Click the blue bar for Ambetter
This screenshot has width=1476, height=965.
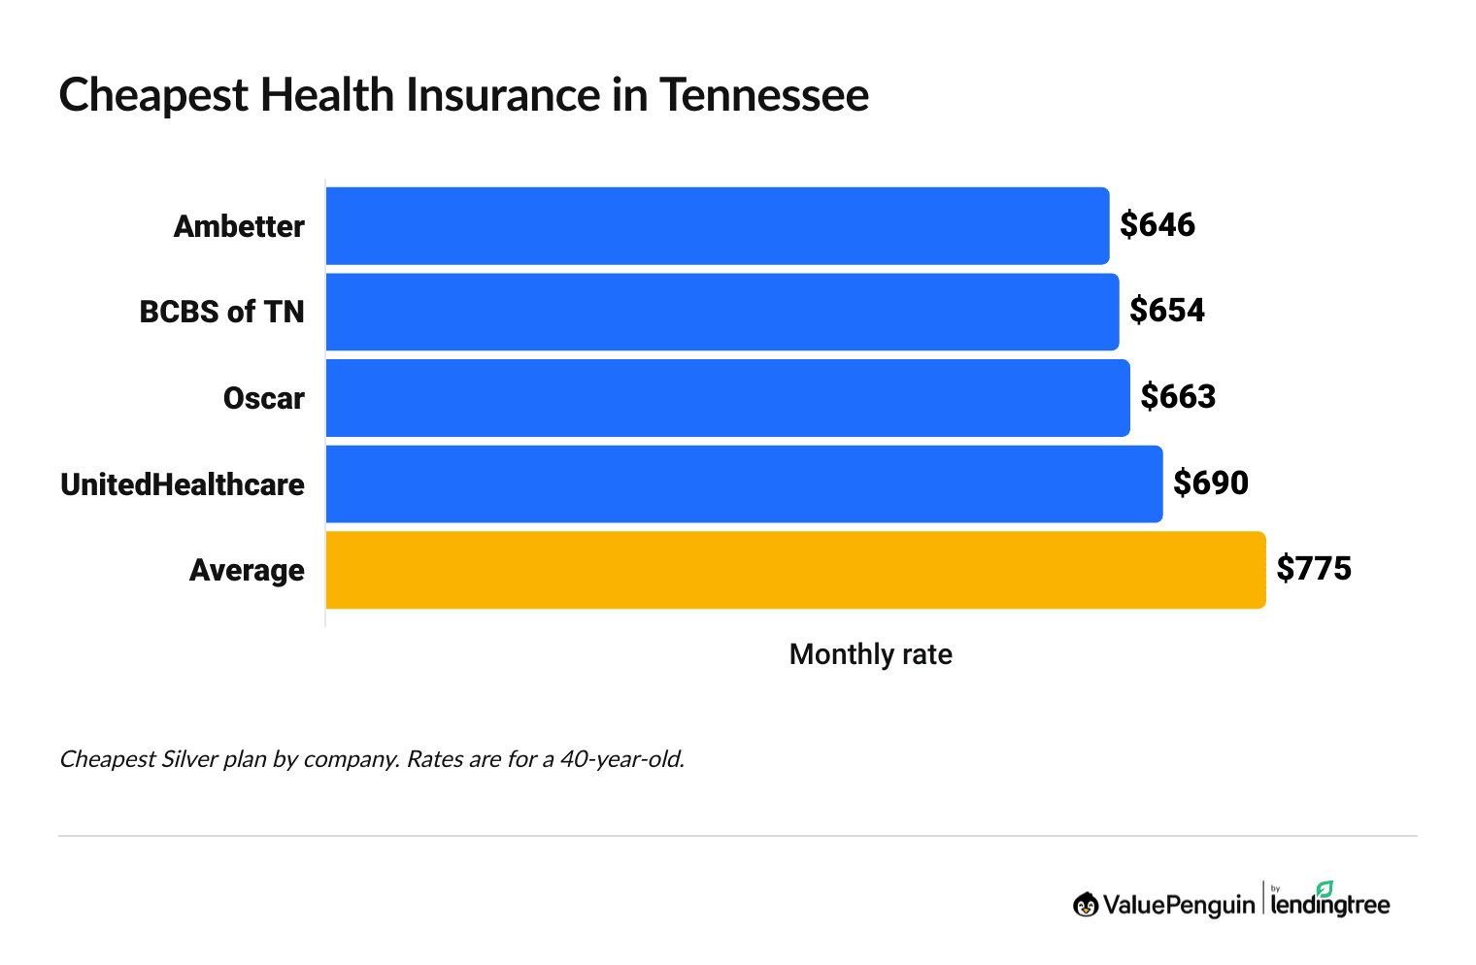point(717,225)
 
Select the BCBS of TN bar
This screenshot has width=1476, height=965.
point(721,312)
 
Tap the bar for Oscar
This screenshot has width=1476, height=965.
point(727,398)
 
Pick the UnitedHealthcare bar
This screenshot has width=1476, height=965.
point(744,483)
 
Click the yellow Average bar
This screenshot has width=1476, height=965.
point(795,570)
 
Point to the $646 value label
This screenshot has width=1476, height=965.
point(1157,225)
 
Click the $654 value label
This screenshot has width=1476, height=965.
point(1166,311)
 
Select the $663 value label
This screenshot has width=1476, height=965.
point(1177,397)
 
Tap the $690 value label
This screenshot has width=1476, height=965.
point(1210,482)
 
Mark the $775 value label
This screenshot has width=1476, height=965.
point(1313,569)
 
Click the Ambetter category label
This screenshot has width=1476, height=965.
point(239,226)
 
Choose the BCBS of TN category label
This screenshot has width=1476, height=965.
point(221,312)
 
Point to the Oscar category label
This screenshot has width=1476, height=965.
point(263,398)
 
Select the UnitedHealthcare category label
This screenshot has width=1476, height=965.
point(183,484)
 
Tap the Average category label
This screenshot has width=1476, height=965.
point(247,570)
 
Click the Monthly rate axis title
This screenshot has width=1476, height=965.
point(870,654)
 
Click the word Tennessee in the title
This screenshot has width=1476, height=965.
point(764,95)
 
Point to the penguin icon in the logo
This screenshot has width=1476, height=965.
point(1086,905)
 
